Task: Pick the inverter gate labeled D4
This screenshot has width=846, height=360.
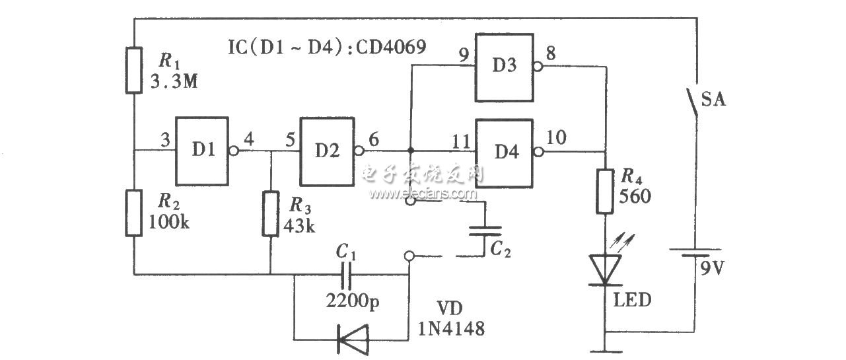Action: coord(504,152)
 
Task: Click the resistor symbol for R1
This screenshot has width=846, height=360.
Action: coord(134,70)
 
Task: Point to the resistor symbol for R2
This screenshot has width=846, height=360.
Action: coord(134,213)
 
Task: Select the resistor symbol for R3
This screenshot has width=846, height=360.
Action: coord(270,213)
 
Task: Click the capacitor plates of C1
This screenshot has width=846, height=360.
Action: coord(346,273)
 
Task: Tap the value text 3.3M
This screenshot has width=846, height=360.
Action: coord(170,84)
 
